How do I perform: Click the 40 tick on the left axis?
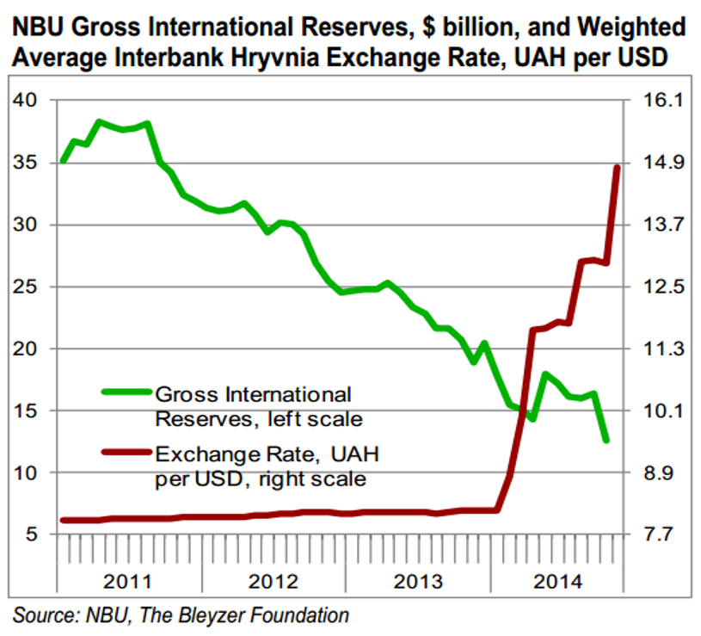point(25,100)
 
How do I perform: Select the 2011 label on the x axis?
point(128,582)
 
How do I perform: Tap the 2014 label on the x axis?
point(558,582)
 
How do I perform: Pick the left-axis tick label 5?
point(31,534)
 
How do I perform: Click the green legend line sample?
point(127,392)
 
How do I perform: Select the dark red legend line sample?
point(127,452)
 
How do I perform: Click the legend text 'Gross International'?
point(253,394)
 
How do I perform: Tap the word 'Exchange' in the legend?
point(207,454)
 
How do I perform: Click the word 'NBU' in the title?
point(38,27)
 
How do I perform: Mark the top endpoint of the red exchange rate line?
point(618,167)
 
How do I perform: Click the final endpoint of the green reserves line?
point(606,441)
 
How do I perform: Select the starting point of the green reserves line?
point(64,161)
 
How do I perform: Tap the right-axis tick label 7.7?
point(658,534)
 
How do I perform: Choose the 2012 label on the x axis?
point(274,582)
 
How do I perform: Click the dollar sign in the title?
point(428,27)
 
